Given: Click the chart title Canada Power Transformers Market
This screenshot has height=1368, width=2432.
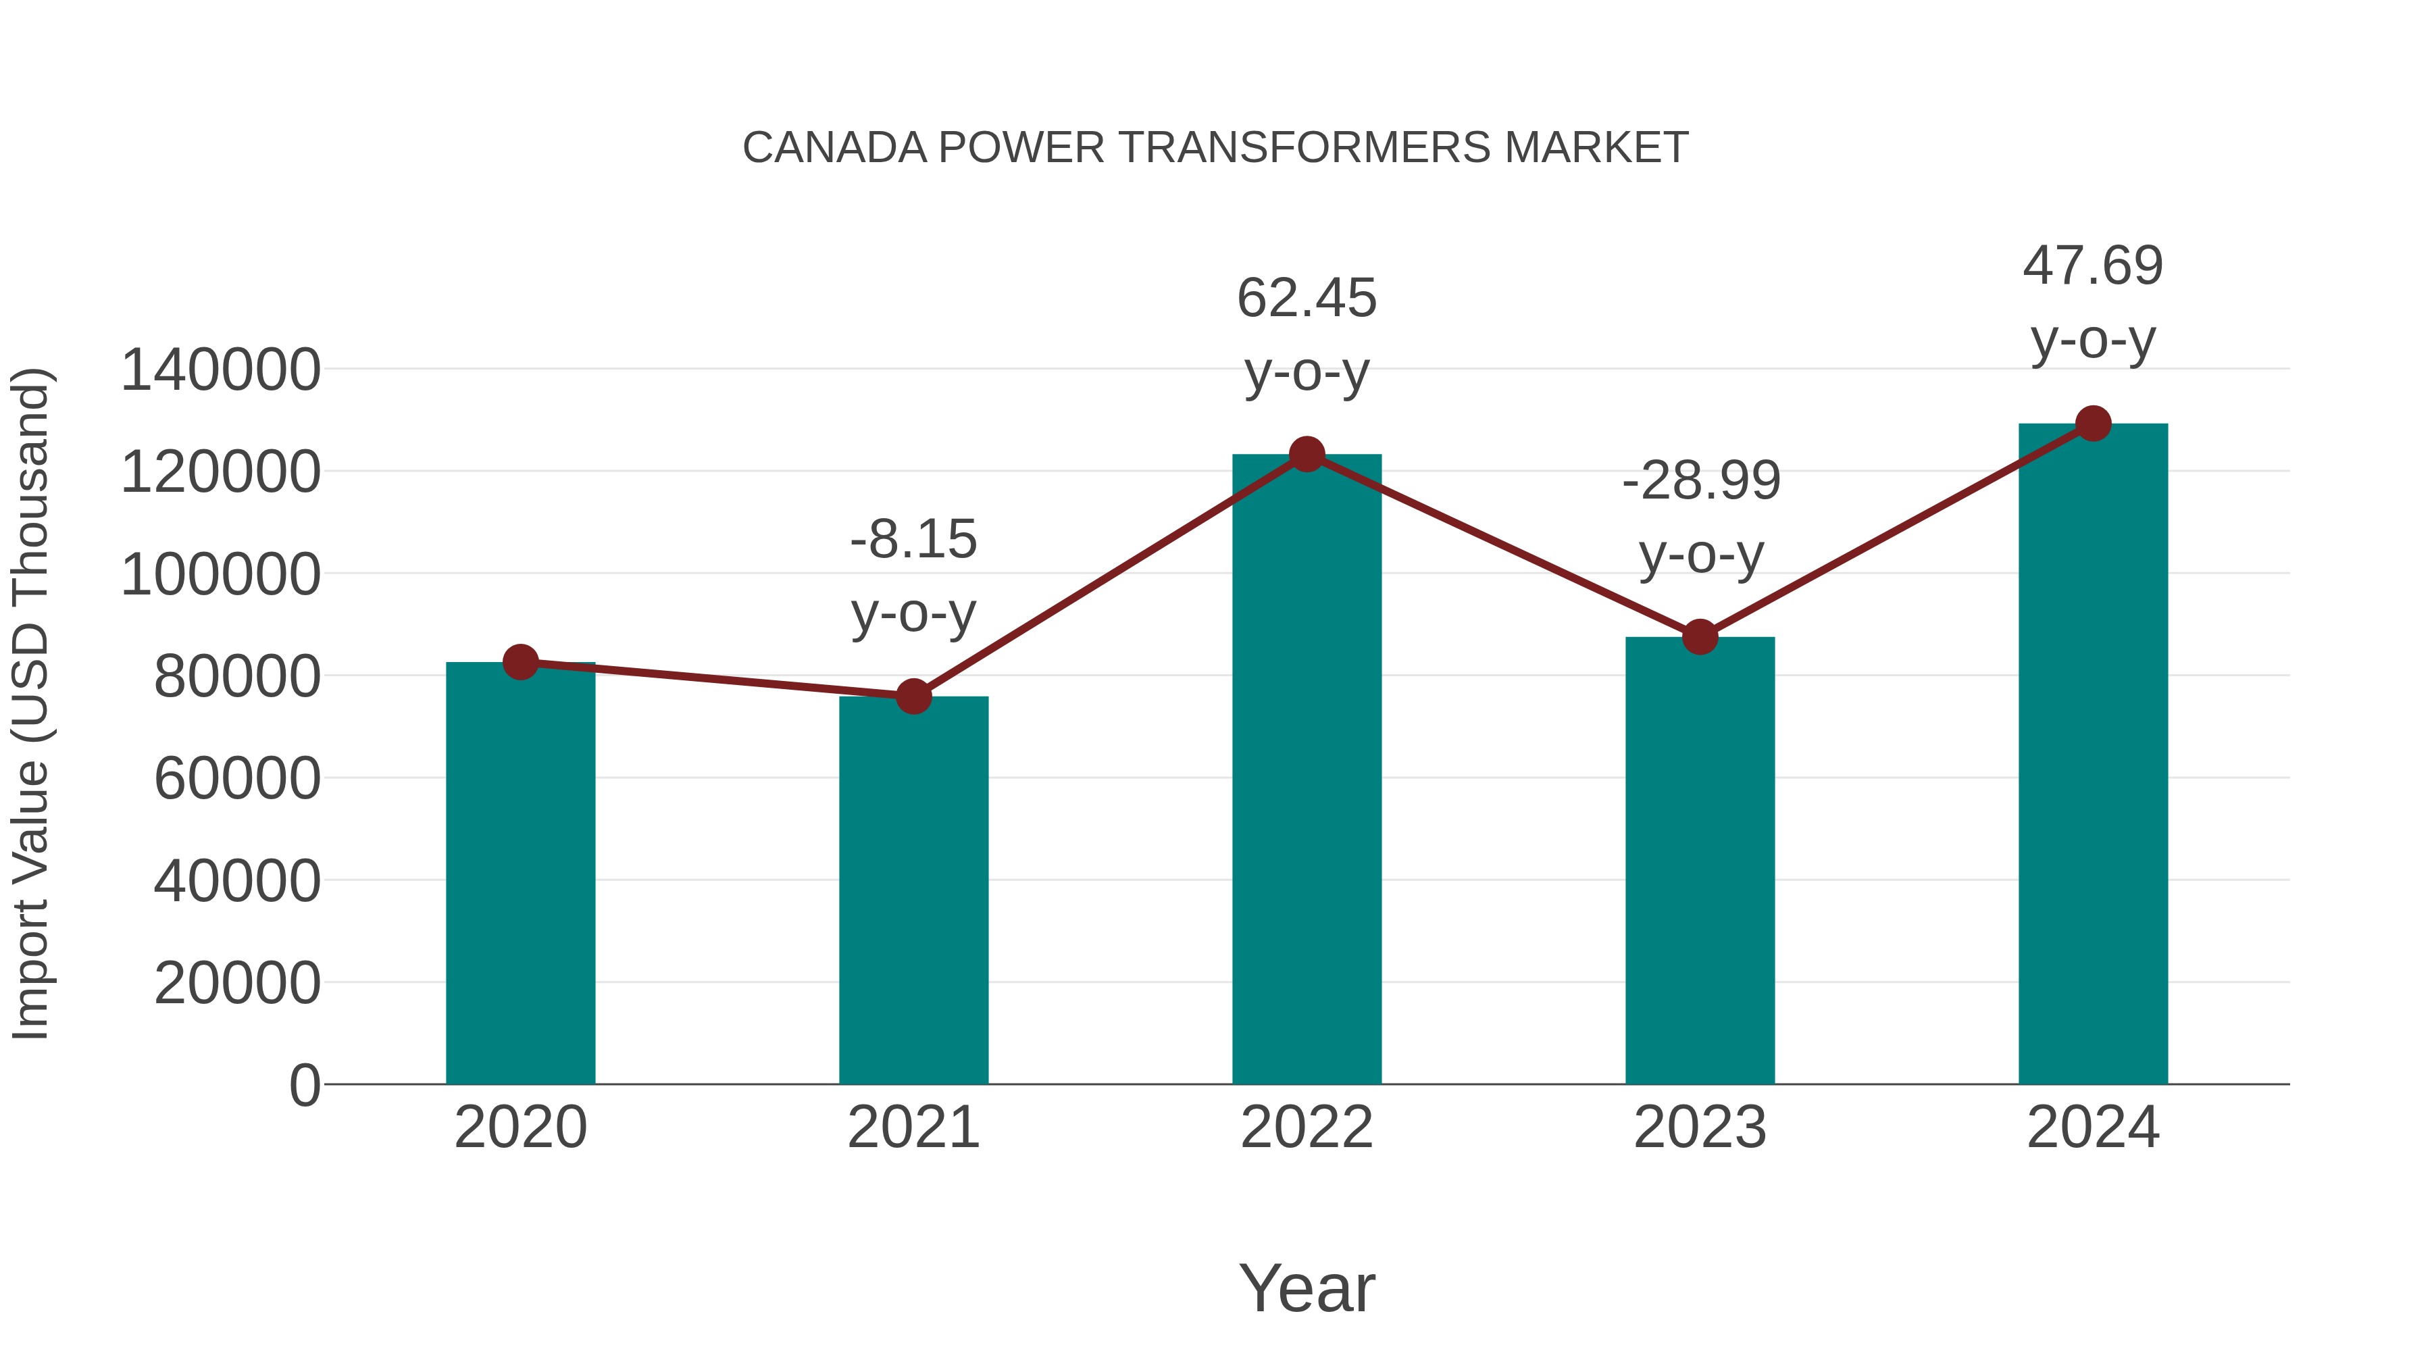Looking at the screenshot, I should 1215,148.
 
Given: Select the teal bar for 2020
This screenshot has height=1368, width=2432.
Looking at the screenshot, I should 520,873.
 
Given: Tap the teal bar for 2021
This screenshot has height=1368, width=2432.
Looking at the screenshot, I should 913,890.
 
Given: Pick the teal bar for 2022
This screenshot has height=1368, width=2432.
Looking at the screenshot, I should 1307,769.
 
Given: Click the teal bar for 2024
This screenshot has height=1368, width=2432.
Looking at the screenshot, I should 2093,753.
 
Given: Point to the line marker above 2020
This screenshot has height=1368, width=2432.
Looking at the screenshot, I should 520,663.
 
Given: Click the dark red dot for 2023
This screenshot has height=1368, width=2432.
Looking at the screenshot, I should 1700,637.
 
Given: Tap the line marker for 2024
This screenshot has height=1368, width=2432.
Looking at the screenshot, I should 2093,424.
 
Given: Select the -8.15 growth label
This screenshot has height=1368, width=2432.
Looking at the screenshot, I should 913,540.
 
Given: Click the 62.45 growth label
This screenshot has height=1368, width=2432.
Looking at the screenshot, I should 1307,299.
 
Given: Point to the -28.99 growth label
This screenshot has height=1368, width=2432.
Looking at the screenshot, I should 1700,482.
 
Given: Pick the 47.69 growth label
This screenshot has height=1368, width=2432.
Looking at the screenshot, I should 2093,266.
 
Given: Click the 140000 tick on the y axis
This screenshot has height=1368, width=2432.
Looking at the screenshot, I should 220,370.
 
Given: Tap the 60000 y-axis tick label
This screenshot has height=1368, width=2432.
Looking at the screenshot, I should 237,780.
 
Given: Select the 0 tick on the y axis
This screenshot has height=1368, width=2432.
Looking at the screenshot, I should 304,1086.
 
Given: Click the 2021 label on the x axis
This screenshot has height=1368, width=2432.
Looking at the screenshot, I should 913,1128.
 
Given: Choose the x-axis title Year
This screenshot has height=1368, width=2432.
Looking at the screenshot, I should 1307,1288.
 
